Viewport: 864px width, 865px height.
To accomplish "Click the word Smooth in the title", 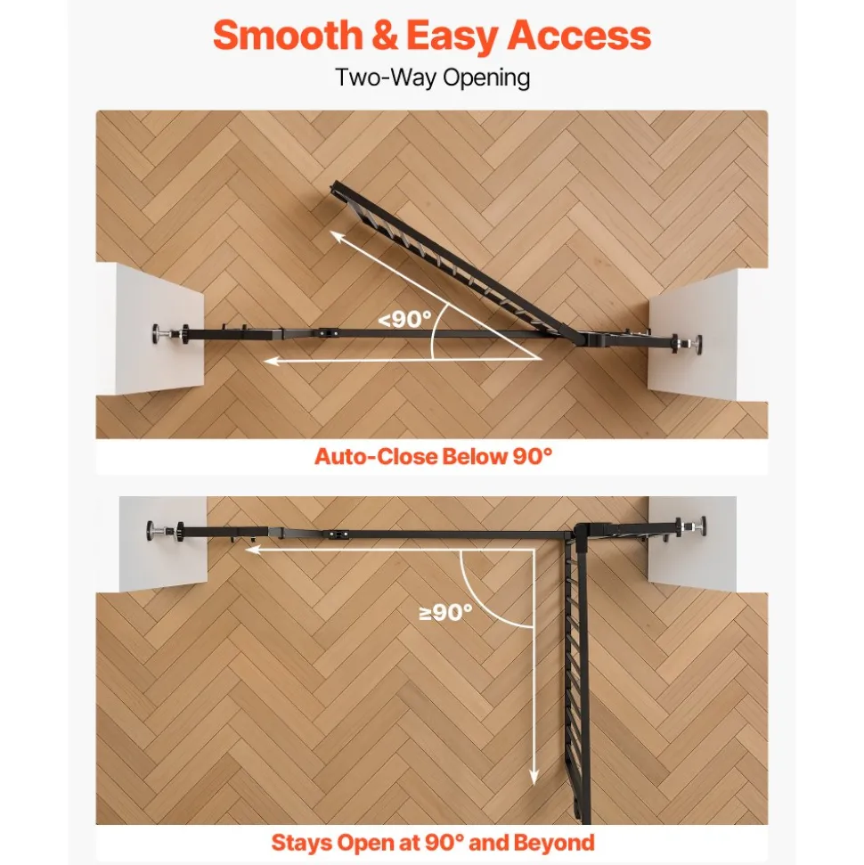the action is pos(288,36).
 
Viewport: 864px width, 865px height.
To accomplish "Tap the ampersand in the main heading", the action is pos(385,36).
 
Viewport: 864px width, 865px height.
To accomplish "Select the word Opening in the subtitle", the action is pos(486,78).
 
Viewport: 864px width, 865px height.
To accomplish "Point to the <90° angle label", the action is pos(404,319).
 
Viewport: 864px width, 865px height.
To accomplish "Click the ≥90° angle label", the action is pos(445,612).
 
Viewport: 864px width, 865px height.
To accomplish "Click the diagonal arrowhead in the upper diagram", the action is pos(337,238).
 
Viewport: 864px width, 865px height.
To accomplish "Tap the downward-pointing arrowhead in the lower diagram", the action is pos(533,777).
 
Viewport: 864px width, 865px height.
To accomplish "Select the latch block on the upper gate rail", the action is pos(328,333).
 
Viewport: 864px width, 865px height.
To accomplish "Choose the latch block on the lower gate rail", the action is pos(338,534).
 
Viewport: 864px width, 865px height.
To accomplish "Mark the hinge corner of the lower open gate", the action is pos(580,534).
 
